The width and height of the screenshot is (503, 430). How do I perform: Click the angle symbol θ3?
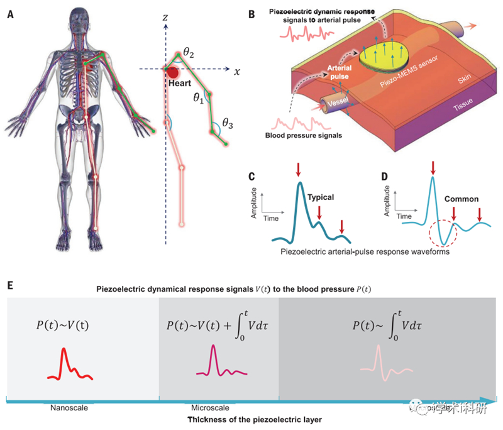226,125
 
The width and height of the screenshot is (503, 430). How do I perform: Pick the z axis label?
165,17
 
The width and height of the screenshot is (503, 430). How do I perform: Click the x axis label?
237,72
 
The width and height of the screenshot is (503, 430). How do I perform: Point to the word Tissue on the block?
463,107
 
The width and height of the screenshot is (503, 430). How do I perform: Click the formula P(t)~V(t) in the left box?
68,326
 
